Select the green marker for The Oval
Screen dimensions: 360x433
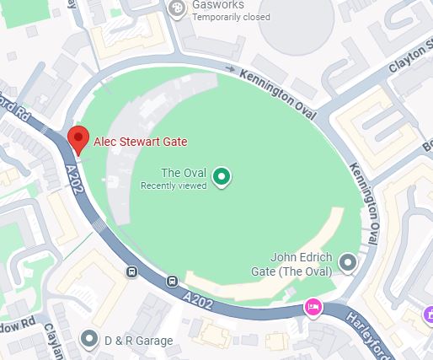(x=221, y=176)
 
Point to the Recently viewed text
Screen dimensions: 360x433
(x=174, y=185)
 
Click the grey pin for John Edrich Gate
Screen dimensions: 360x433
(x=348, y=265)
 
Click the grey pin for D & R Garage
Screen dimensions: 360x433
(x=90, y=340)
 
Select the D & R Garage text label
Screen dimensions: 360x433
(x=138, y=341)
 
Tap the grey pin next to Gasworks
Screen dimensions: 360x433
(x=177, y=8)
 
